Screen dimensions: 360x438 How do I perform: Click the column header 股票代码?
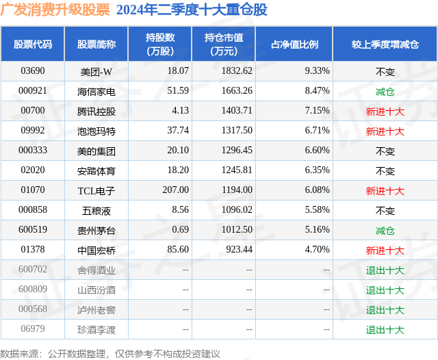[32, 44]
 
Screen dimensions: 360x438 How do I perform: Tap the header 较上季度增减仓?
[385, 44]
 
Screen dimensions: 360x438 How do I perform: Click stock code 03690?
[32, 70]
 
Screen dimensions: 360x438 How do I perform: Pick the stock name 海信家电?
[96, 91]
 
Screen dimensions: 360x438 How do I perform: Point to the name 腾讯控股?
[96, 111]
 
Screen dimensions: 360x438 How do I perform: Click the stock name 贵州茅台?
[96, 231]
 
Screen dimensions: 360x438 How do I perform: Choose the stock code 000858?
[32, 211]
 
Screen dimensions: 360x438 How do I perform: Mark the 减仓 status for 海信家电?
[385, 91]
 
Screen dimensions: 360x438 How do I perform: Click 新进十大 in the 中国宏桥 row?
[385, 250]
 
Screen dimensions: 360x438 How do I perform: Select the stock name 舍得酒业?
[96, 270]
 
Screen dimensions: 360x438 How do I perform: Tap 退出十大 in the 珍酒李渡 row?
[385, 330]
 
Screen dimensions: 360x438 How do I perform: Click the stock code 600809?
[32, 290]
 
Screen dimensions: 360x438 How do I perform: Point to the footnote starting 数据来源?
[110, 353]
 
